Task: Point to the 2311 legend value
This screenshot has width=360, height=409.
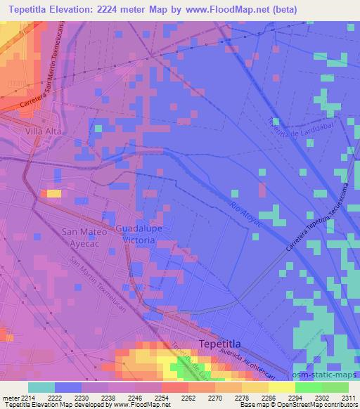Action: (x=347, y=398)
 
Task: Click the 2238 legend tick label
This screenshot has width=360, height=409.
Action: (x=108, y=398)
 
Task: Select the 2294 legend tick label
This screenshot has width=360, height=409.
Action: (x=295, y=398)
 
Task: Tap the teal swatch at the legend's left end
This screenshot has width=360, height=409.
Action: (x=41, y=387)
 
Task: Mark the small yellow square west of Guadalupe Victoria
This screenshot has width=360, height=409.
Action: (x=53, y=193)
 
